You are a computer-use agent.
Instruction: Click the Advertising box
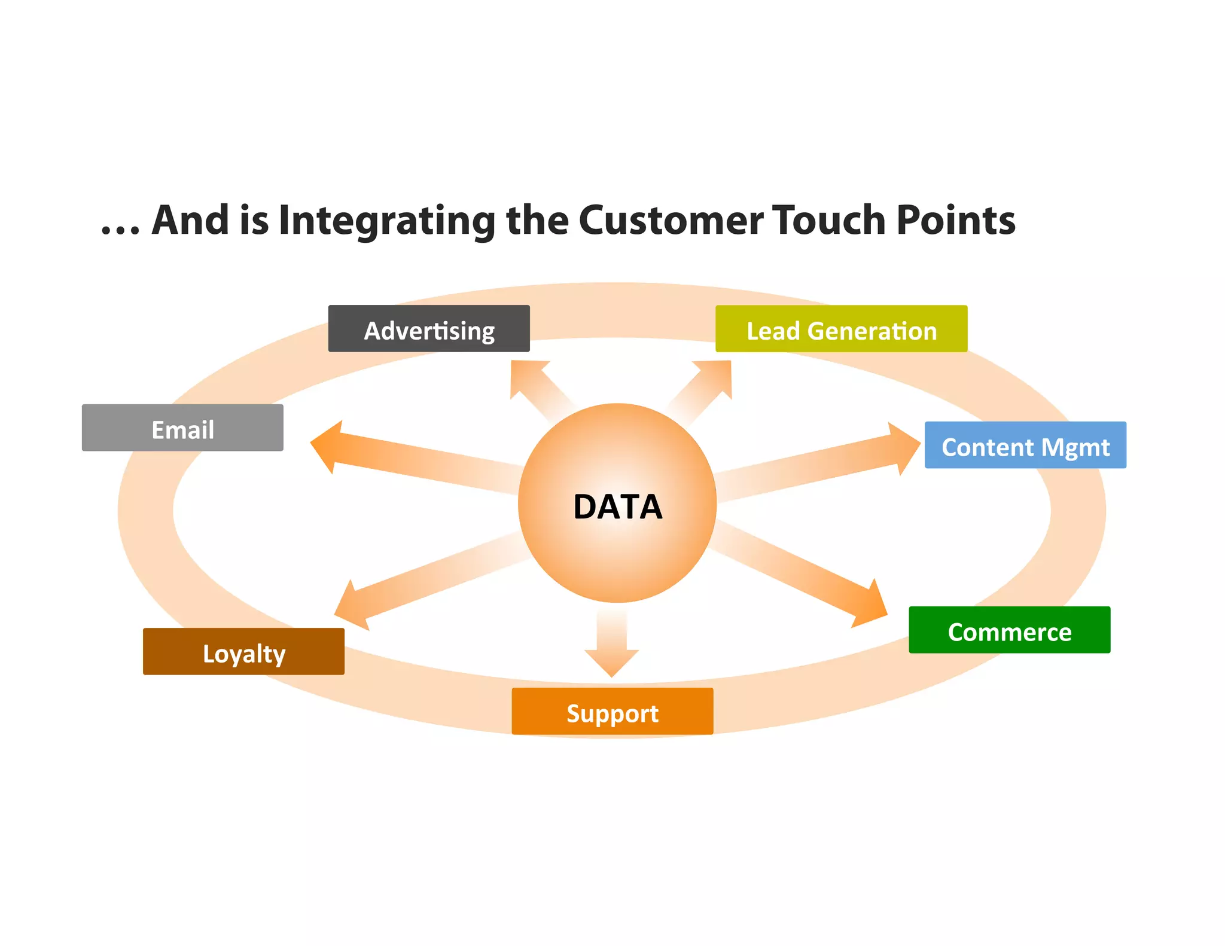429,329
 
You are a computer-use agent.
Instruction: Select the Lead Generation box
841,329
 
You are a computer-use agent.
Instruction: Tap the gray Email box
182,428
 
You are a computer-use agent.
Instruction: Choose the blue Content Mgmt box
1025,445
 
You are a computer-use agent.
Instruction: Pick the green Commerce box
1009,630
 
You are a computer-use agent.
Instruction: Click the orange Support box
612,712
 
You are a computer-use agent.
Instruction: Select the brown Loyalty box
243,652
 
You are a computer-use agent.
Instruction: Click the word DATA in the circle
617,506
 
